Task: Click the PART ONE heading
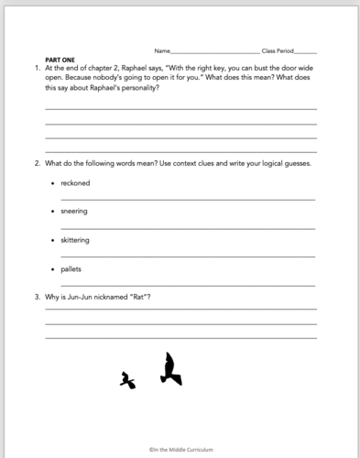(60, 59)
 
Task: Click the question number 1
(36, 68)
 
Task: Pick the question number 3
(36, 297)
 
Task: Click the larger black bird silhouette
(169, 368)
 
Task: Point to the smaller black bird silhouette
(127, 380)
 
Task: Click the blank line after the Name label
(215, 51)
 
